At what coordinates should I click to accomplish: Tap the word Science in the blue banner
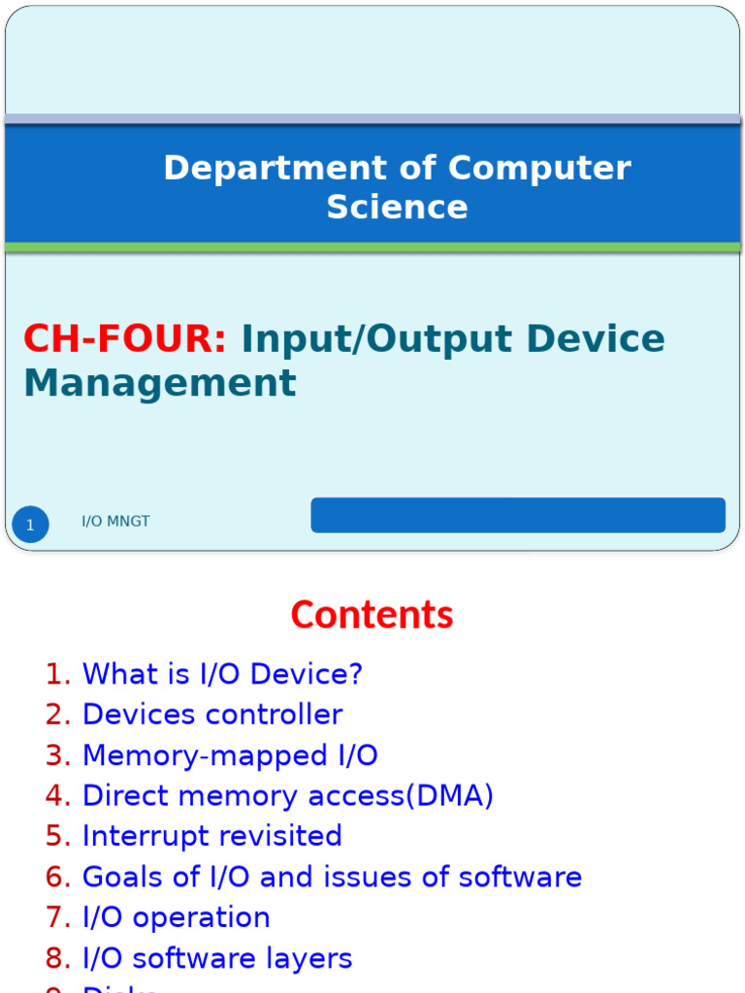click(397, 207)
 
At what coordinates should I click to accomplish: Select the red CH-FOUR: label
click(125, 339)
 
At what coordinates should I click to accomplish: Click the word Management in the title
click(160, 383)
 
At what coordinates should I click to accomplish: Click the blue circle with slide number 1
click(30, 525)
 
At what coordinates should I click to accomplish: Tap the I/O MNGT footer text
click(115, 522)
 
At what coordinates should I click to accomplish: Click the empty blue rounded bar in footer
click(517, 515)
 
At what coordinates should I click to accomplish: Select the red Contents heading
click(372, 615)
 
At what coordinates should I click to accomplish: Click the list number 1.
click(57, 674)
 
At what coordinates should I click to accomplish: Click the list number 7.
click(57, 917)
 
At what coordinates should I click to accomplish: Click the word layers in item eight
click(310, 958)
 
